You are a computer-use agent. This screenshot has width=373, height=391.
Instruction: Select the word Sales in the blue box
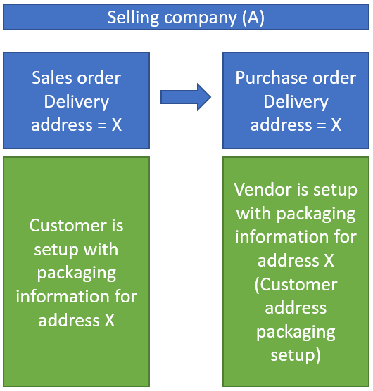pyautogui.click(x=53, y=78)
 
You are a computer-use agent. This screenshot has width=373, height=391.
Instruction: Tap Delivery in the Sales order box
pyautogui.click(x=76, y=102)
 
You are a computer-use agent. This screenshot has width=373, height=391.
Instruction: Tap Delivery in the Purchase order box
pyautogui.click(x=296, y=102)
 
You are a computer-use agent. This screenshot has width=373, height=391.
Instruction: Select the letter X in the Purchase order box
pyautogui.click(x=335, y=126)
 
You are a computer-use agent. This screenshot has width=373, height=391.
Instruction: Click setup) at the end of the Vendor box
pyautogui.click(x=296, y=355)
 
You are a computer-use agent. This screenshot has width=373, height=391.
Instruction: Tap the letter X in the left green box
pyautogui.click(x=108, y=321)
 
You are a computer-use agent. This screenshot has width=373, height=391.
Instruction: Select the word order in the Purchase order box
pyautogui.click(x=334, y=78)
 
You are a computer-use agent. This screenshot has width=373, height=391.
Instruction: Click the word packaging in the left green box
pyautogui.click(x=76, y=273)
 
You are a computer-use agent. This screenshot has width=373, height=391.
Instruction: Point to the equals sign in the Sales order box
pyautogui.click(x=98, y=126)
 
